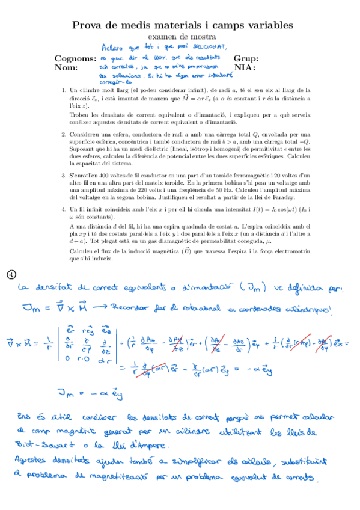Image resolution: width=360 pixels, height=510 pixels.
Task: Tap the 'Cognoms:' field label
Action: (x=75, y=59)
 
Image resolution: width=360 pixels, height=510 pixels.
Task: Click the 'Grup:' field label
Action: (x=246, y=59)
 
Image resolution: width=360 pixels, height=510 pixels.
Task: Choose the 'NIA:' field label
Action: (x=243, y=68)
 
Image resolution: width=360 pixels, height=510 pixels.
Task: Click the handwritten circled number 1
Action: (x=11, y=275)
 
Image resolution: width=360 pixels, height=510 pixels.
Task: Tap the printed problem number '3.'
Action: (x=64, y=175)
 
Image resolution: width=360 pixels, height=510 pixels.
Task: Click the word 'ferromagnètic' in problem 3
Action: (x=239, y=175)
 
